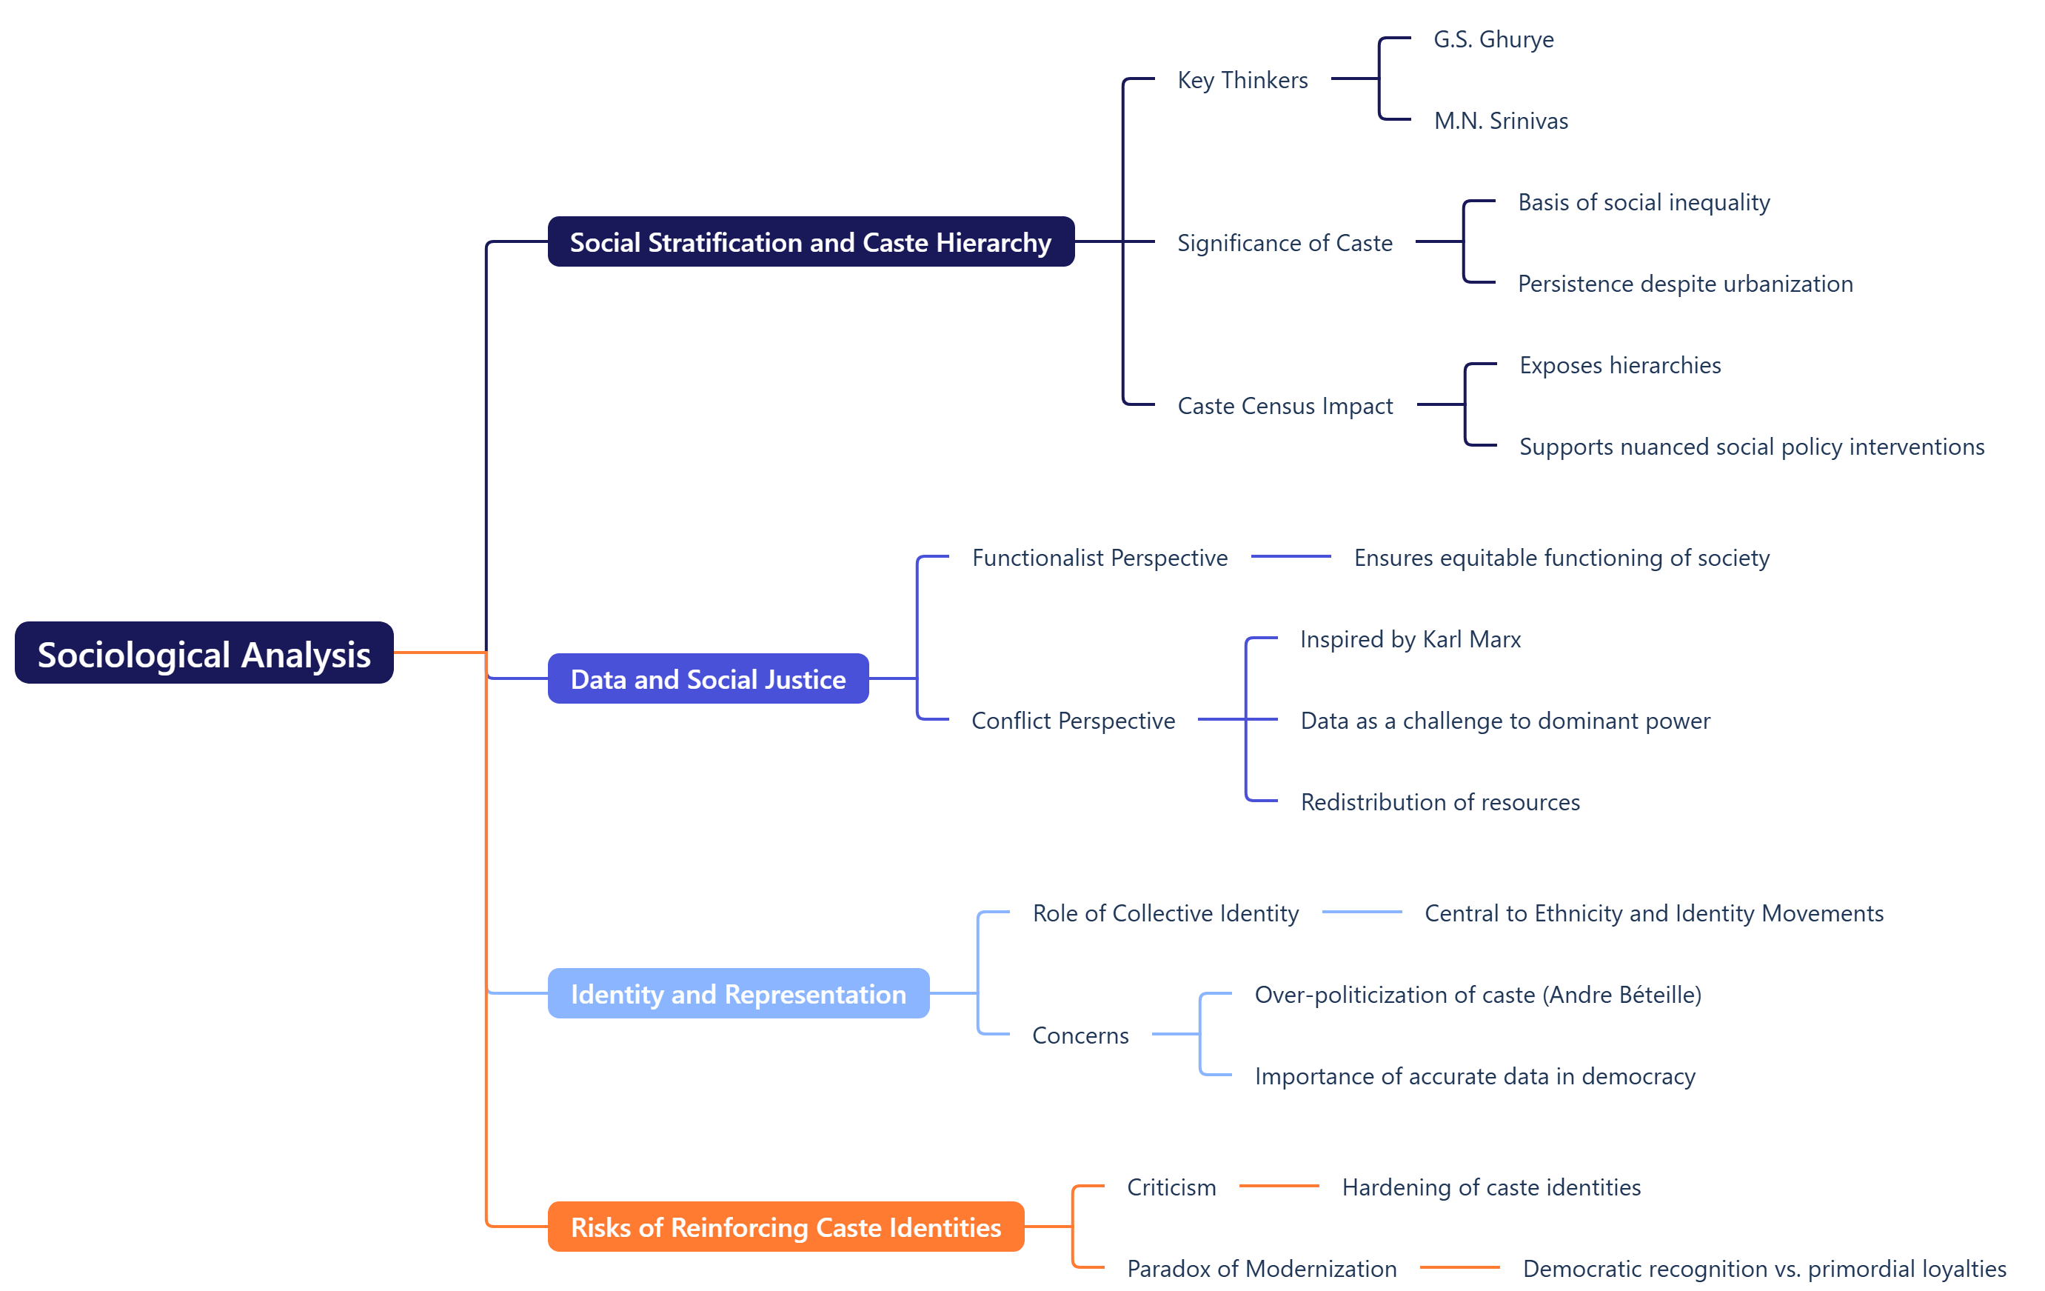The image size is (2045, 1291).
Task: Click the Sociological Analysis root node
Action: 204,653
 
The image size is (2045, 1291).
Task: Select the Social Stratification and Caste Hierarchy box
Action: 810,242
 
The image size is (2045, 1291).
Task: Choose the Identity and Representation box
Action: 738,993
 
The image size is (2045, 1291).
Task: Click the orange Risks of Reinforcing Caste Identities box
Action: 786,1227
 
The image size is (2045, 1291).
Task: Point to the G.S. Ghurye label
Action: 1493,39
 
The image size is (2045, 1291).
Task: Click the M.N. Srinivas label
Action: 1501,121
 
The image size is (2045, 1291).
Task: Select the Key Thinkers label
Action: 1242,80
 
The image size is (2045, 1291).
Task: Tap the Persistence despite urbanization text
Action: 1685,284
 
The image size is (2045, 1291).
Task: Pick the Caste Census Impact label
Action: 1285,406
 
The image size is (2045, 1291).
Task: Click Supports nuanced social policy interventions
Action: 1751,447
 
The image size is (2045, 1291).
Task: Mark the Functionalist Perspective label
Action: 1100,558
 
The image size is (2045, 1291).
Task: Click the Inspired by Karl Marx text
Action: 1410,638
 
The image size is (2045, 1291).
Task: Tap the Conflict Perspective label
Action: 1074,720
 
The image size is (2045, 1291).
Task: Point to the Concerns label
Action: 1080,1035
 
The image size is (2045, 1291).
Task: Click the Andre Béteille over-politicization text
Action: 1478,995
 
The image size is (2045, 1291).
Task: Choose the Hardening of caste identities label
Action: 1491,1187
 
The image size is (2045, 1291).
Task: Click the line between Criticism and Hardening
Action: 1279,1186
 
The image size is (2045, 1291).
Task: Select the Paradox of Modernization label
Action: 1262,1268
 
